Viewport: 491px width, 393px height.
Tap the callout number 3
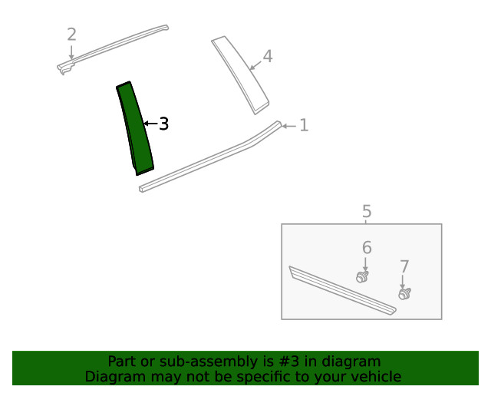(x=163, y=124)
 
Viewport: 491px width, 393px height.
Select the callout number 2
(x=71, y=35)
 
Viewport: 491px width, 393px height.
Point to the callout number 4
(x=268, y=56)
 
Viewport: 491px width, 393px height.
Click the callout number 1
(x=304, y=125)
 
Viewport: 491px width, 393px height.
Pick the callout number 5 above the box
(x=367, y=211)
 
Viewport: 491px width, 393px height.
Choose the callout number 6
(x=367, y=248)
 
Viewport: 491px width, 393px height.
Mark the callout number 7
(x=404, y=266)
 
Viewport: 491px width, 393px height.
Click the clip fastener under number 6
(x=362, y=277)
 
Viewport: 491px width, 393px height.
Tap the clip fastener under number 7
(x=404, y=294)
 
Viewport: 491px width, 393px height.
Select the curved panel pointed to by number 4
(x=239, y=74)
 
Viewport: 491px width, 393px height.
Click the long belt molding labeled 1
(x=209, y=157)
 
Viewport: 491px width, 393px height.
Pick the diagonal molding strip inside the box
(x=342, y=290)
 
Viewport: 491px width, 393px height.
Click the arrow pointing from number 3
(x=150, y=124)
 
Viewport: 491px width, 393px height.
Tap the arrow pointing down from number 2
(x=71, y=52)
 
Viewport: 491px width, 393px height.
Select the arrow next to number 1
(x=288, y=126)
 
